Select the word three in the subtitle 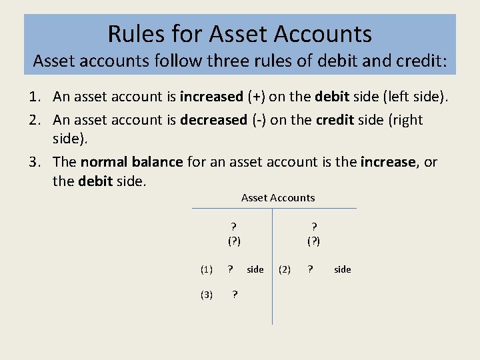point(227,62)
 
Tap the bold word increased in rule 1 point(212,97)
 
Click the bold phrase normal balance point(131,162)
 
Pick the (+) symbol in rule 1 point(256,97)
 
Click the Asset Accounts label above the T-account point(278,197)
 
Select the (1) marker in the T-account point(207,269)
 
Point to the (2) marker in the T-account point(284,269)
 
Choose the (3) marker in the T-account point(207,295)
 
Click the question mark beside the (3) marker point(235,295)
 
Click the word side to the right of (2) point(343,269)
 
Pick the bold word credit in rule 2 point(335,120)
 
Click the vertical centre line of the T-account point(273,280)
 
